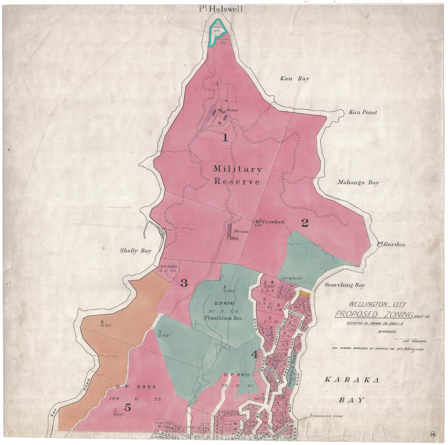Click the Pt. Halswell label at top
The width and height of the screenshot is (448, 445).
(221, 9)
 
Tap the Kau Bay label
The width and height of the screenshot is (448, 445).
(295, 79)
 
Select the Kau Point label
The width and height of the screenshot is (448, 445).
(363, 112)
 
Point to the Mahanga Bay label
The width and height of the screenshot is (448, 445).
(358, 182)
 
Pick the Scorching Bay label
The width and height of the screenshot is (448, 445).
(344, 285)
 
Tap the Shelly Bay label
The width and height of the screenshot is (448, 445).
(135, 251)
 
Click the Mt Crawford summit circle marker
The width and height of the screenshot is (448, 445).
(253, 222)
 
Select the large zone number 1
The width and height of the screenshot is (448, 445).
(225, 138)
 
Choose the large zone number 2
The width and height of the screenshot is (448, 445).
(305, 223)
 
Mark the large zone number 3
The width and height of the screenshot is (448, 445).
(184, 283)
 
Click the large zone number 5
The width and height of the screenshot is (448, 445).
(127, 408)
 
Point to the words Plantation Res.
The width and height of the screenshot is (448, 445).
(223, 318)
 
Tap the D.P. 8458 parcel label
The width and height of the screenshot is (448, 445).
(136, 387)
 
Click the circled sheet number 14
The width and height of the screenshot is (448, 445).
(432, 434)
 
